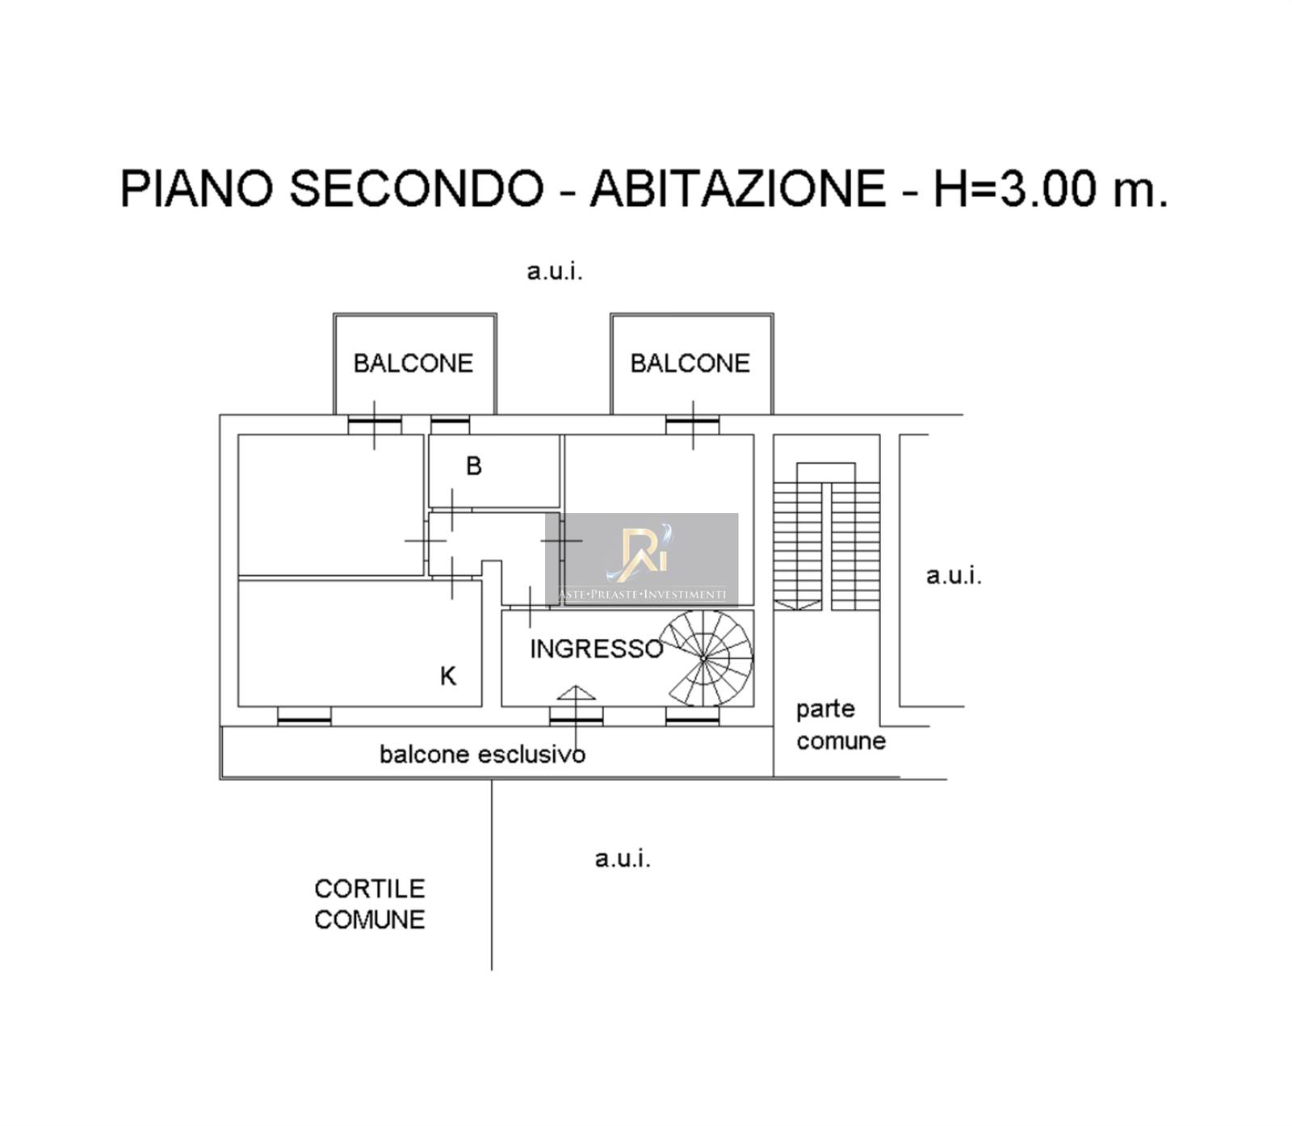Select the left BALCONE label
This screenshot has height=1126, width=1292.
pos(413,363)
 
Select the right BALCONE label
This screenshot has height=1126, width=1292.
pos(690,363)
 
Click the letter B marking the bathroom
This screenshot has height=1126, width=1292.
pos(474,466)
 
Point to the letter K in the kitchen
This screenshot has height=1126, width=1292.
pos(448,676)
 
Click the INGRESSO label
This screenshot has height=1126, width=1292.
pos(597,649)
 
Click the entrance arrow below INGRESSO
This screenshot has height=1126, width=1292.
pos(576,693)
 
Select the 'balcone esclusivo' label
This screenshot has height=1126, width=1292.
pos(483,754)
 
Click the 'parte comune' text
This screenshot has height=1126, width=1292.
pos(841,725)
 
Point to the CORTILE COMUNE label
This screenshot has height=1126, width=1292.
pos(370,904)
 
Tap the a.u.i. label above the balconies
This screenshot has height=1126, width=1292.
pos(555,271)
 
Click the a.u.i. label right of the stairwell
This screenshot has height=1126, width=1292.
pos(954,576)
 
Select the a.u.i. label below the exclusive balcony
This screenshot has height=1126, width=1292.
pos(623,859)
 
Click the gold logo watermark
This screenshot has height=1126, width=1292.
pos(642,553)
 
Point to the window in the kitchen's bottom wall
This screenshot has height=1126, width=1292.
pos(304,716)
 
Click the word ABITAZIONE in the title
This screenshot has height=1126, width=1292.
pos(738,188)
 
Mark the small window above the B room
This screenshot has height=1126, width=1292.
pos(451,424)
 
